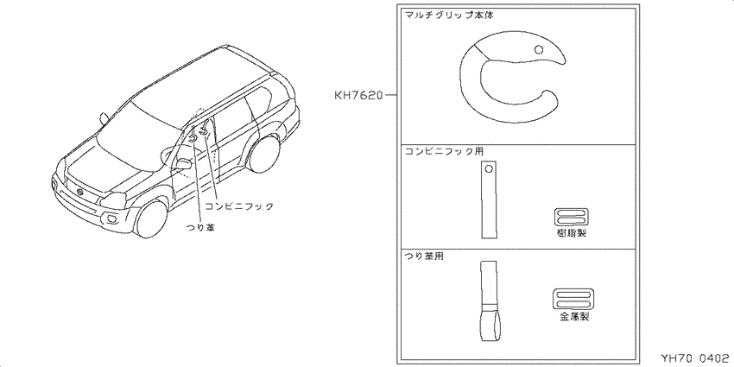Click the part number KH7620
(358, 96)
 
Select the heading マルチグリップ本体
(448, 15)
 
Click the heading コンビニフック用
(443, 152)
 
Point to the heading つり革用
(424, 256)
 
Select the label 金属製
(574, 317)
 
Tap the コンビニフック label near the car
(238, 206)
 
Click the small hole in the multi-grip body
(538, 48)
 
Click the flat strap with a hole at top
(488, 199)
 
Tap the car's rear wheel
(264, 152)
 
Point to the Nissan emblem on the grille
(79, 193)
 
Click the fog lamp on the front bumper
(113, 219)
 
